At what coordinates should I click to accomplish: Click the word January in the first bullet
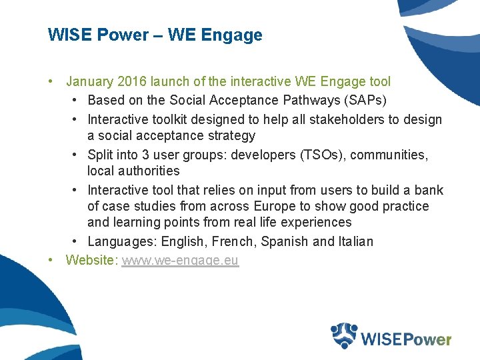(x=90, y=82)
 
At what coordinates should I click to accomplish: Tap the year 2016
(x=132, y=82)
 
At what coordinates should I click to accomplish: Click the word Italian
(x=354, y=241)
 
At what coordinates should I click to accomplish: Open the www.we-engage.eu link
(x=179, y=260)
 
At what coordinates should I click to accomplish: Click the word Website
(x=90, y=260)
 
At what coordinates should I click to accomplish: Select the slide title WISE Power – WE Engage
(x=155, y=35)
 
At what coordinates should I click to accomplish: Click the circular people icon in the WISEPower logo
(x=345, y=335)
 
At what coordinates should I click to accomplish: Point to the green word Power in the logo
(x=426, y=339)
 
